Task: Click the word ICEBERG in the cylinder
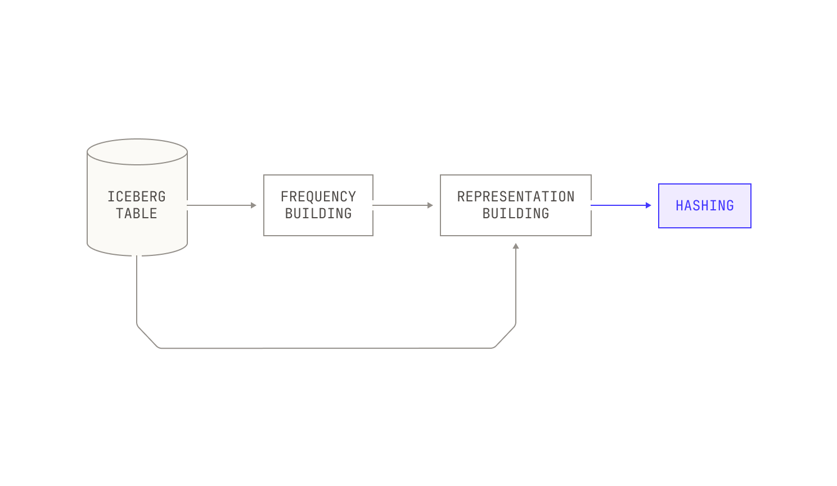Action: (x=137, y=196)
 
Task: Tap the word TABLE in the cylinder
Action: (x=137, y=213)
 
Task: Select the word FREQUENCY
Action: (x=318, y=196)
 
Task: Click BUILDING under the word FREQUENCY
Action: (x=318, y=213)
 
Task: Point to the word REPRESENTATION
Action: (x=516, y=196)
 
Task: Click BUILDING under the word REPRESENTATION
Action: (x=516, y=213)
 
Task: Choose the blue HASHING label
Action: (x=705, y=205)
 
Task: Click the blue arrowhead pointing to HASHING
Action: (x=649, y=205)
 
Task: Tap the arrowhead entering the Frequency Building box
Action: (x=254, y=205)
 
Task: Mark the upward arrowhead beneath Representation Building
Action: (x=516, y=246)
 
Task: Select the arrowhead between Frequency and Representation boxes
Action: (x=430, y=205)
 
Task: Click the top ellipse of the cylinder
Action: (x=137, y=152)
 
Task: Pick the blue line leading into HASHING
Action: (x=618, y=205)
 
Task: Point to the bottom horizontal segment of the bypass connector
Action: (x=325, y=348)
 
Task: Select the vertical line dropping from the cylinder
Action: (x=137, y=290)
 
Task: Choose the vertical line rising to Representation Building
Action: (x=516, y=286)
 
